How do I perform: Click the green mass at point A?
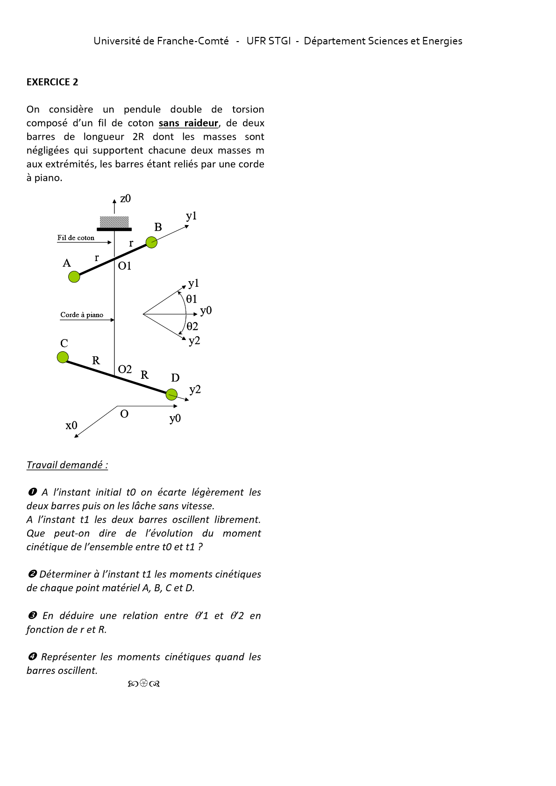74,276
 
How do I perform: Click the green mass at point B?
151,242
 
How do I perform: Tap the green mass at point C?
63,357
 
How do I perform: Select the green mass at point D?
172,394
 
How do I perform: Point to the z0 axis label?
126,198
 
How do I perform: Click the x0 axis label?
71,425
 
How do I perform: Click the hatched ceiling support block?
114,222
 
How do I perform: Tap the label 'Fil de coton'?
76,238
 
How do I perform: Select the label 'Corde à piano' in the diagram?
82,315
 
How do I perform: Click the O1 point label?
125,266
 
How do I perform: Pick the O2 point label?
125,369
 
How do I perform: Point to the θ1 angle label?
192,299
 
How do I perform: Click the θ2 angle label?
192,326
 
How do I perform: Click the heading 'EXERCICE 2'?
52,82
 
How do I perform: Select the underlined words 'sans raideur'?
188,123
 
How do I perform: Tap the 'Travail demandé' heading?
67,465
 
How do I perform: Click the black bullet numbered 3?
32,616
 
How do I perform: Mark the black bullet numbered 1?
32,492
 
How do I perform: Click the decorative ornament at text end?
144,684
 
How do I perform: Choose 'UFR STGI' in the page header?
269,41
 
